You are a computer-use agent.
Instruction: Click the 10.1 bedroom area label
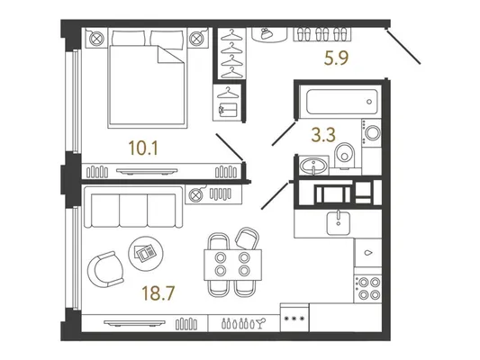[143, 148]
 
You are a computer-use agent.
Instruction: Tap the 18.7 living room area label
[158, 292]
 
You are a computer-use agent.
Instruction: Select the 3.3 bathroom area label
[323, 135]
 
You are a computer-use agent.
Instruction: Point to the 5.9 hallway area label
[336, 58]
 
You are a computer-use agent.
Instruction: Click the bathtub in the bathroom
[342, 102]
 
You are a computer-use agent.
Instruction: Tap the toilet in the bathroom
[344, 156]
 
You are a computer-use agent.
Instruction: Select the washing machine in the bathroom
[371, 133]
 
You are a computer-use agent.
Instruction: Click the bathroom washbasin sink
[312, 166]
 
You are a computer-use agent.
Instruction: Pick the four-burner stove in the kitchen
[368, 288]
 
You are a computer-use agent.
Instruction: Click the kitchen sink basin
[339, 222]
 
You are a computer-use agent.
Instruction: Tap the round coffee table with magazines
[146, 253]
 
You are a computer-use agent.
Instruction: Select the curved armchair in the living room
[104, 269]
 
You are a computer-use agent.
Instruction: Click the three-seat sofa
[133, 207]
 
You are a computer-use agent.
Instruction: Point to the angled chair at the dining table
[247, 238]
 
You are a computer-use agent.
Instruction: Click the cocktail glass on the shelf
[262, 323]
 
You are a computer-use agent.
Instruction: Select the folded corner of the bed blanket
[170, 54]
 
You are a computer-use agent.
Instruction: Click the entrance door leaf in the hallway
[403, 47]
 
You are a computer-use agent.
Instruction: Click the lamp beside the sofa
[196, 194]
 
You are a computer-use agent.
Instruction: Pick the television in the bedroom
[147, 172]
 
